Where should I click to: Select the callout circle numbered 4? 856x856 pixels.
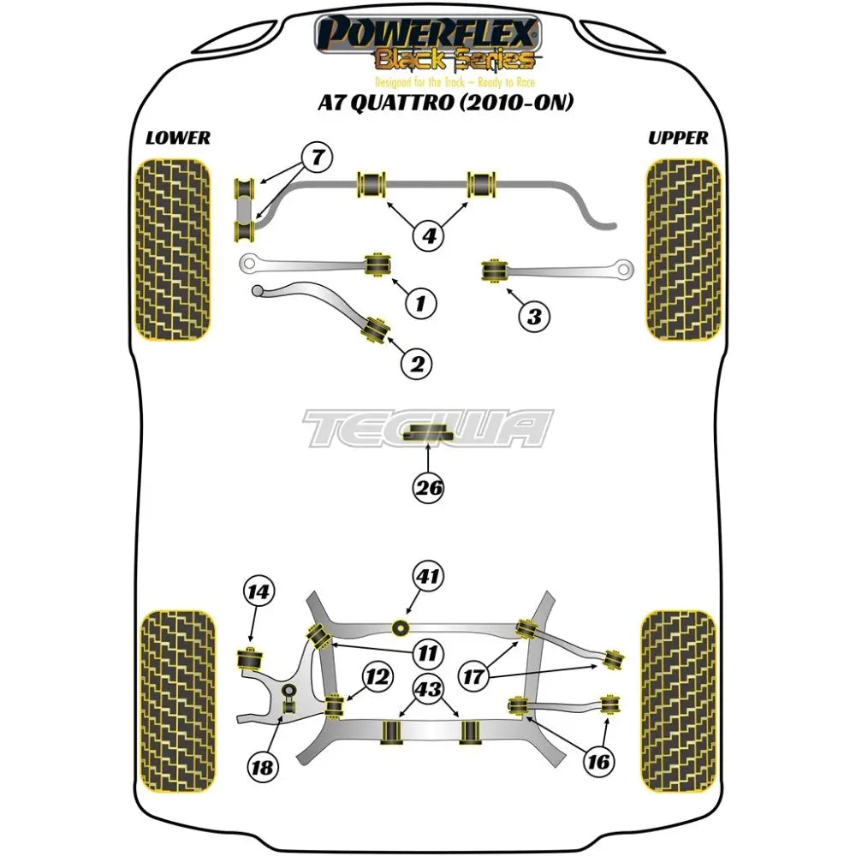pos(427,233)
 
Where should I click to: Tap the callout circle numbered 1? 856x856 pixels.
pos(419,301)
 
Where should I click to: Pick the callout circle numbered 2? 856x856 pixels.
pos(417,365)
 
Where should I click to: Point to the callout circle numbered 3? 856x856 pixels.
pos(533,317)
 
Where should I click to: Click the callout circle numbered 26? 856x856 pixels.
pos(429,489)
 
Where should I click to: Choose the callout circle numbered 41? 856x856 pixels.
pos(430,577)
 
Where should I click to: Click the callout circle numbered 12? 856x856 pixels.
pos(377,679)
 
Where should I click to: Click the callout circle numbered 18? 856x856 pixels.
pos(264,768)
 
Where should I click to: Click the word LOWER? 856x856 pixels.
pos(178,138)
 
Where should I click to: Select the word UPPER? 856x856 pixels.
pos(678,138)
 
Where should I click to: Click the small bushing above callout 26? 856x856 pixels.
pos(428,433)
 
